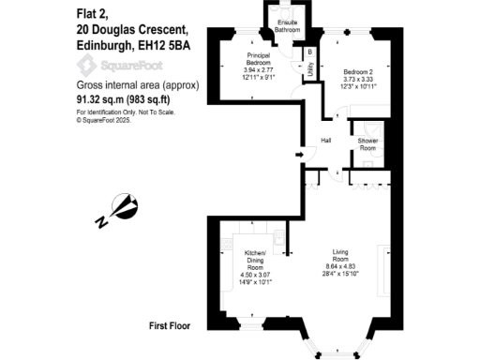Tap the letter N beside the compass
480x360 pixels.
point(101,222)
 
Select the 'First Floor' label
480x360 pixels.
point(170,326)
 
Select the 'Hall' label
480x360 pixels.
point(326,141)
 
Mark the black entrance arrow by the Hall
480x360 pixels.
point(299,153)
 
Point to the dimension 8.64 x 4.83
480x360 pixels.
point(346,267)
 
